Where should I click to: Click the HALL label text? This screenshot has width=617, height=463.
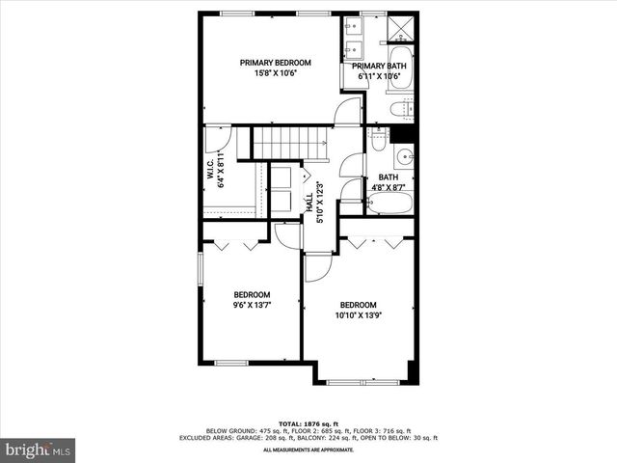[x=309, y=204]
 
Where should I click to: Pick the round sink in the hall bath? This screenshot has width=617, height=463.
[x=404, y=157]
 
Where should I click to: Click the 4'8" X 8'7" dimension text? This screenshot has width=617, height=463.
[x=389, y=188]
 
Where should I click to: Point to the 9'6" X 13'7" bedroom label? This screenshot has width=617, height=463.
[x=252, y=306]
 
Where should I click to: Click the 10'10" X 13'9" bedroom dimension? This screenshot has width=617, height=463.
[x=357, y=315]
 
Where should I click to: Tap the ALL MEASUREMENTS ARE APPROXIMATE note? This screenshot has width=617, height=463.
[x=308, y=449]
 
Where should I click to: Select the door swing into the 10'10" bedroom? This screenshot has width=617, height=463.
[x=317, y=267]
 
